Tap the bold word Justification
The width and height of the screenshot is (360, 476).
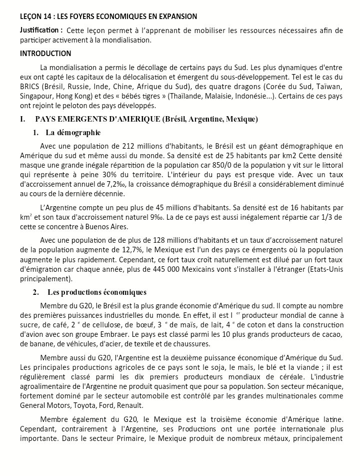click(39, 31)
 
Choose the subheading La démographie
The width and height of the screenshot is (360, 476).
click(72, 133)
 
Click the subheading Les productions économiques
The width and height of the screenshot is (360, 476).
click(97, 292)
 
